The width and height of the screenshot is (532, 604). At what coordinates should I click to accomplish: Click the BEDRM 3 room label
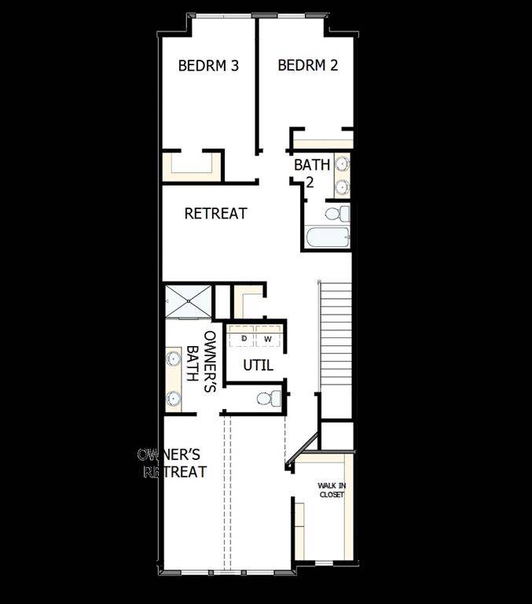pos(208,66)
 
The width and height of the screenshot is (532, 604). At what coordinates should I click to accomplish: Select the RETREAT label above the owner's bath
pos(215,213)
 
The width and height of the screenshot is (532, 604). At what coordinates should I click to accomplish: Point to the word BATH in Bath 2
pos(306,166)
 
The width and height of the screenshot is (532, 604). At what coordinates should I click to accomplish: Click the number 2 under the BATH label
pos(309,182)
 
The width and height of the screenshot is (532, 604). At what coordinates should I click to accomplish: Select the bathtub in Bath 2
pos(326,238)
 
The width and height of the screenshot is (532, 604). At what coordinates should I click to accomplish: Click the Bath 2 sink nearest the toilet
pos(342,187)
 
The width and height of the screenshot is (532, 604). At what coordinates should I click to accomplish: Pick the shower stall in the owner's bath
pos(188,301)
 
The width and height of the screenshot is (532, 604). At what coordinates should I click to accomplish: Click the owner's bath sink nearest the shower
pos(174,359)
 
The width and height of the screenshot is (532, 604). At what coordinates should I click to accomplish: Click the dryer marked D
pos(244,338)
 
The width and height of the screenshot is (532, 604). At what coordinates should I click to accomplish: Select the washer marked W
pos(267,338)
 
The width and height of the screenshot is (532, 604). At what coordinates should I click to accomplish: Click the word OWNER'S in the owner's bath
pos(210,345)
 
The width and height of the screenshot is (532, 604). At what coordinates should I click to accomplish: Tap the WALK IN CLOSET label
pos(331,490)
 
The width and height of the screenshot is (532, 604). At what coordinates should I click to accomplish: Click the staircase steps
pos(336,338)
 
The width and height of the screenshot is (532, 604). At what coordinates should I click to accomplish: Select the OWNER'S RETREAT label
pos(172,463)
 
